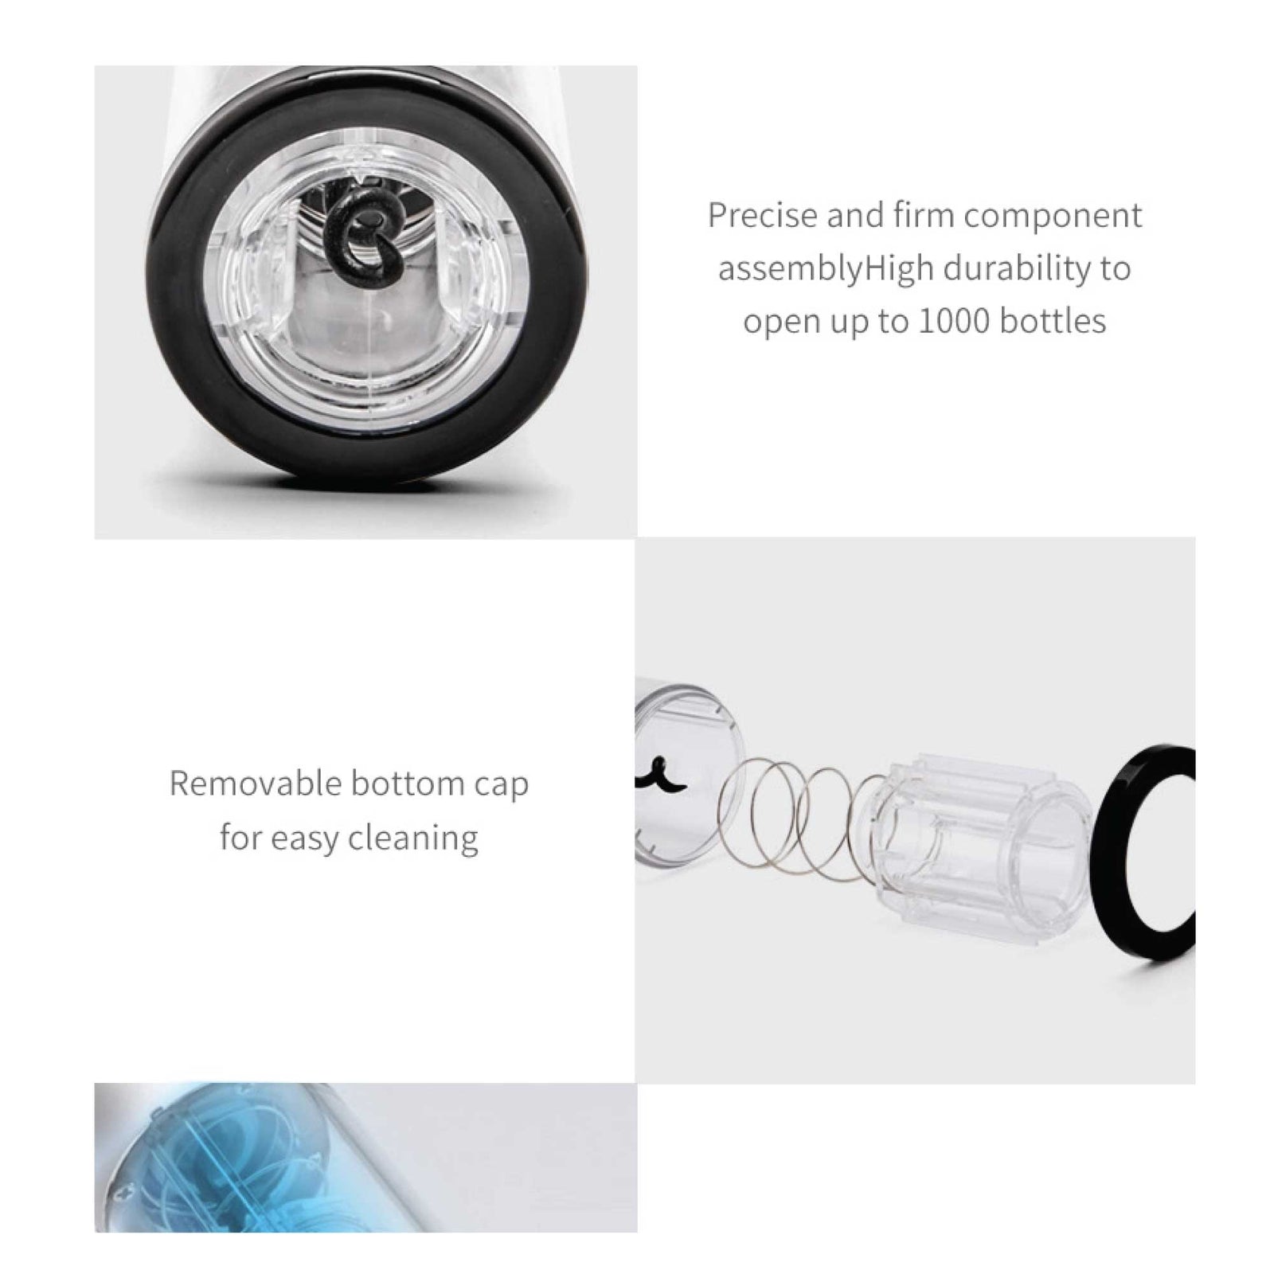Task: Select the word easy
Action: pyautogui.click(x=303, y=838)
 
